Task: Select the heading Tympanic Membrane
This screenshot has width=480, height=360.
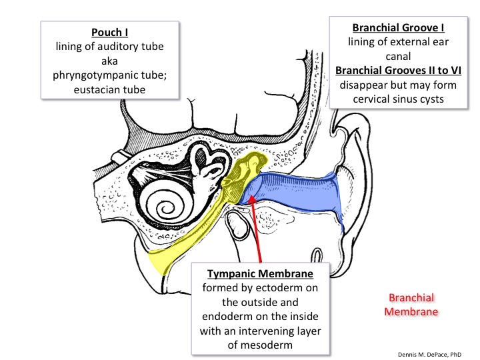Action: (259, 274)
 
